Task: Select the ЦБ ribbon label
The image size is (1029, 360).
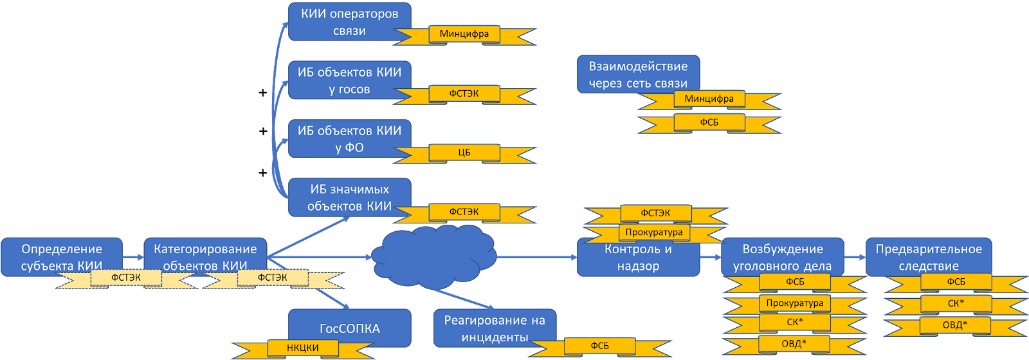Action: (x=464, y=153)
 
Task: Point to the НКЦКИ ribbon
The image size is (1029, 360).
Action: (x=302, y=348)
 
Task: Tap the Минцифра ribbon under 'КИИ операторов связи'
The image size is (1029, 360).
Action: (x=464, y=34)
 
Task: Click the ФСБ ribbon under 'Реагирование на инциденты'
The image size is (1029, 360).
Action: (x=599, y=346)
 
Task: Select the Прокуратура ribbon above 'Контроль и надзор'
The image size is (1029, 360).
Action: (x=655, y=232)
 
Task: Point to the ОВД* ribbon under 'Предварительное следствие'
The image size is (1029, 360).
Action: (x=955, y=325)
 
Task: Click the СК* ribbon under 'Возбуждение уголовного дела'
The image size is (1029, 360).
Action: (x=795, y=322)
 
